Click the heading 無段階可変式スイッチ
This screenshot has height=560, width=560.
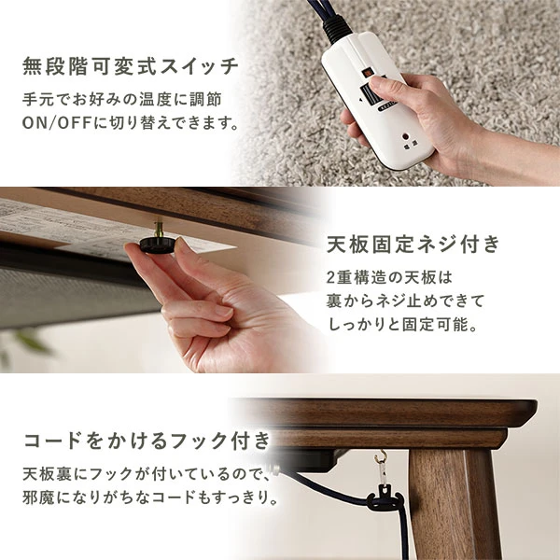[131, 67]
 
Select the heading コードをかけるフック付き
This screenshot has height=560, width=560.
[147, 440]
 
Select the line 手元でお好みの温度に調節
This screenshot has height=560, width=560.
[123, 98]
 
